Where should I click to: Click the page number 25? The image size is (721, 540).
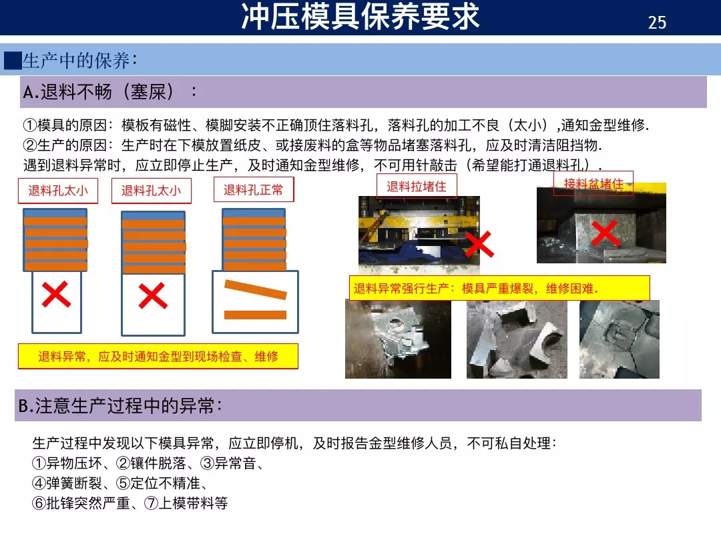(x=657, y=23)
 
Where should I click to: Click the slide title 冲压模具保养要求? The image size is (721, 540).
(x=360, y=17)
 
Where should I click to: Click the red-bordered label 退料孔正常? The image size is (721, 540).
(x=253, y=190)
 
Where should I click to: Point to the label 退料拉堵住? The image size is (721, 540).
(x=417, y=187)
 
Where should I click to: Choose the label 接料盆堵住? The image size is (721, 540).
(x=593, y=183)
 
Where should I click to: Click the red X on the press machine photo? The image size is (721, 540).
(x=479, y=245)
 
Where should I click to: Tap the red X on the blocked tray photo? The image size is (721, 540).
(x=604, y=233)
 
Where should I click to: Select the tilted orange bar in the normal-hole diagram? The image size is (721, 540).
(x=255, y=289)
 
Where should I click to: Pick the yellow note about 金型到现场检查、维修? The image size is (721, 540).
(x=158, y=357)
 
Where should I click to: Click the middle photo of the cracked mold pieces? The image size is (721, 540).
(x=516, y=339)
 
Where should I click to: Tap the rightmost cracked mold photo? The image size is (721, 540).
(x=619, y=339)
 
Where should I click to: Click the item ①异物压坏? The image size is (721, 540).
(x=69, y=464)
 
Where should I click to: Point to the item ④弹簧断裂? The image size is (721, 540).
(x=69, y=483)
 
